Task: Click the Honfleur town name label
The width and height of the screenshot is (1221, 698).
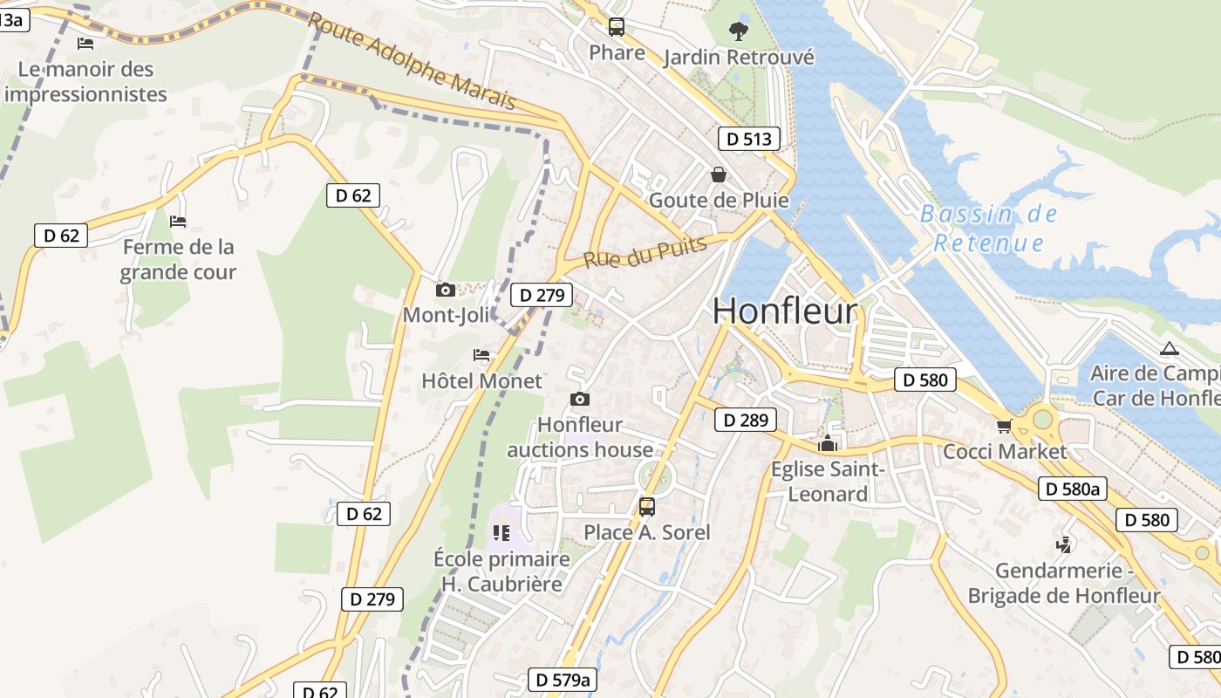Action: click(785, 311)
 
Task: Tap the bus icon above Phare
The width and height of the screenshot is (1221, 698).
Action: click(617, 27)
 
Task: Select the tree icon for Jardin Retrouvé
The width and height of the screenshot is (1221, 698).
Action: click(738, 31)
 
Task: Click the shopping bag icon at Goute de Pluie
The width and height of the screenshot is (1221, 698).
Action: click(719, 174)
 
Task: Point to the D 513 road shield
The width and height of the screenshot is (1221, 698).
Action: click(748, 139)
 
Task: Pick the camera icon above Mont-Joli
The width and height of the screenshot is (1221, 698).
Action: click(446, 290)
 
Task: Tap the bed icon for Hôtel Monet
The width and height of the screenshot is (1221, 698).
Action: click(481, 355)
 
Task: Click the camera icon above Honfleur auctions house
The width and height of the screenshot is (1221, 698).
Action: click(579, 400)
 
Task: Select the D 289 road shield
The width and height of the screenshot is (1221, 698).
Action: click(745, 421)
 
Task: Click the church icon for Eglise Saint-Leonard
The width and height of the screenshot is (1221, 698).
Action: click(827, 444)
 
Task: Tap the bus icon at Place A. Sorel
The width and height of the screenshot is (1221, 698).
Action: click(646, 507)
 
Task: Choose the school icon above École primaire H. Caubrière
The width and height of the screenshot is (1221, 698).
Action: click(501, 532)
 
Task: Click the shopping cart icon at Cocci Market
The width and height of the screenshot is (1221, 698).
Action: click(1004, 426)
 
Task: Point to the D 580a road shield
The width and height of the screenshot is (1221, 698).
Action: click(1072, 489)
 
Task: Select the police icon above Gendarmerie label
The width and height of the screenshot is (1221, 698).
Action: click(1063, 545)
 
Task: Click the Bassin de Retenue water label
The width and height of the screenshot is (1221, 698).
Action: click(988, 228)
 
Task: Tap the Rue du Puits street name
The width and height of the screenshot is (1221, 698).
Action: click(645, 252)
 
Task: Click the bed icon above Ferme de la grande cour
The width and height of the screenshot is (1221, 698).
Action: click(178, 222)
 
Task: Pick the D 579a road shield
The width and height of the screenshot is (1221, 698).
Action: click(563, 680)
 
